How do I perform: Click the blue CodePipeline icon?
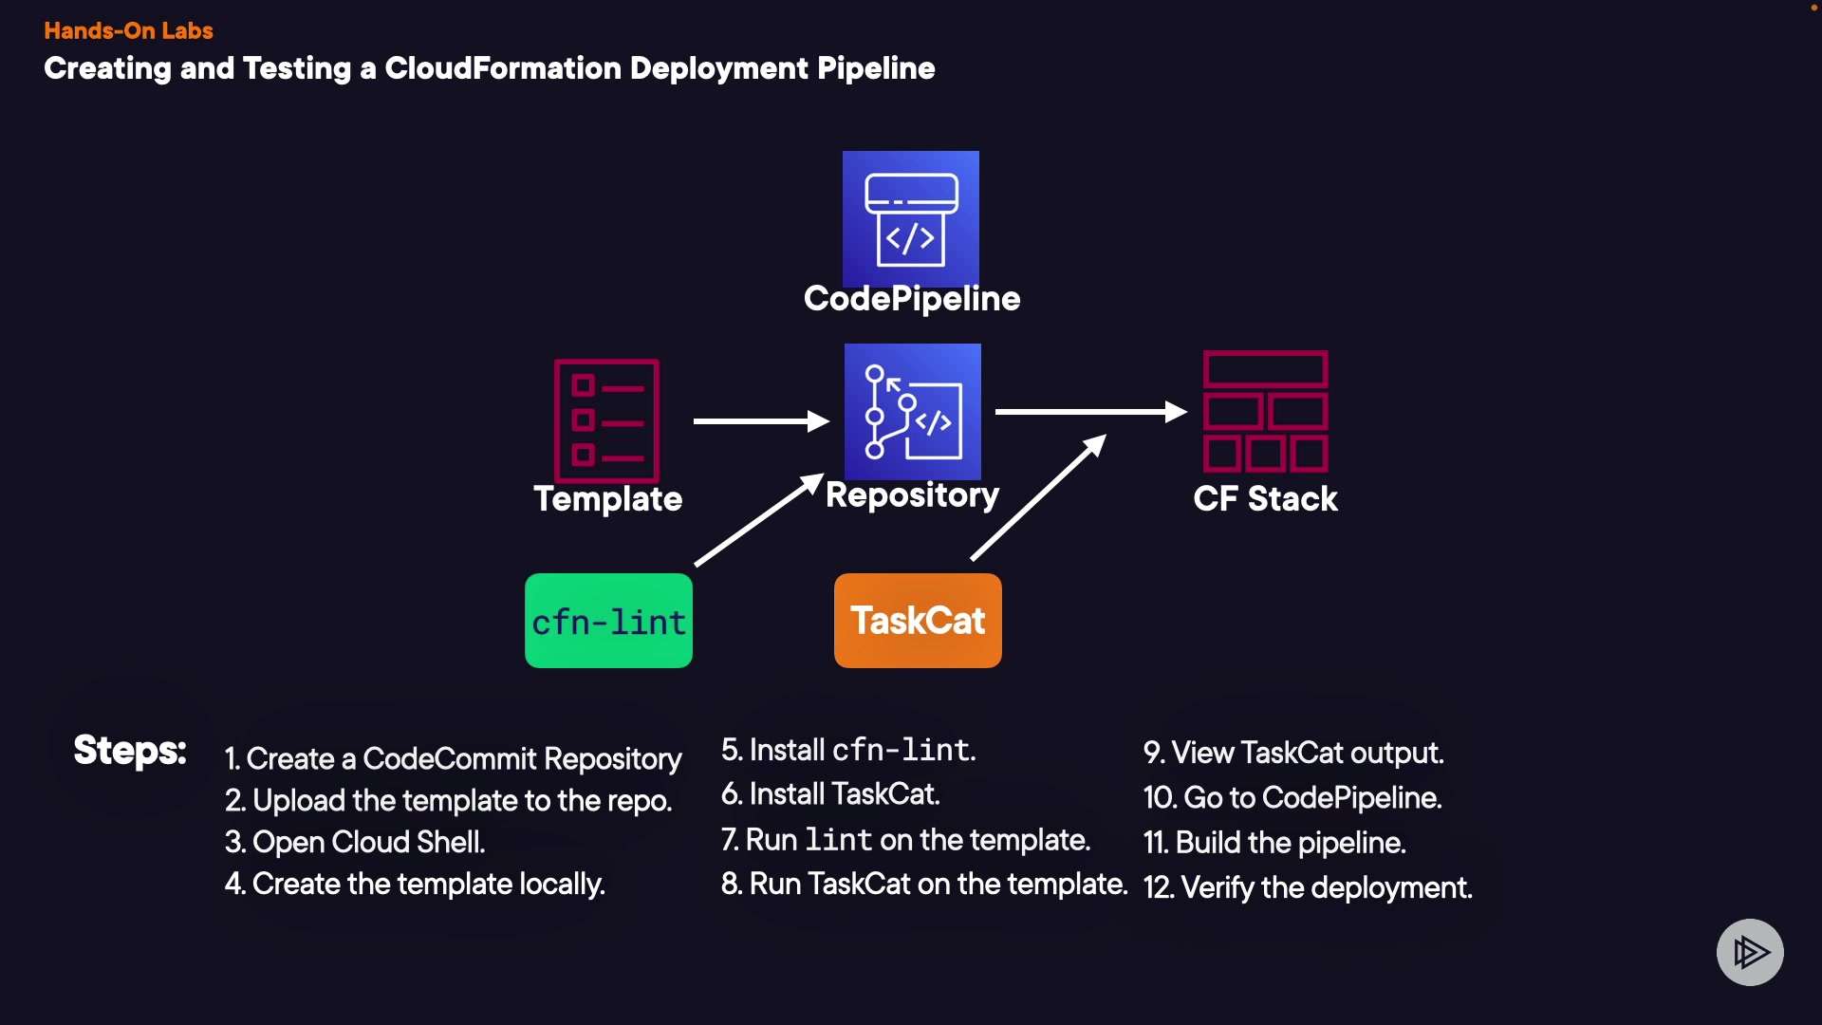point(911,218)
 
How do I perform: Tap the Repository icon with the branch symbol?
point(912,412)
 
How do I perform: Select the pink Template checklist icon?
point(607,420)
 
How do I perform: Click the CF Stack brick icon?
point(1265,411)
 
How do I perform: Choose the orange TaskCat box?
point(918,621)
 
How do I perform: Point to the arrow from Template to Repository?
point(761,420)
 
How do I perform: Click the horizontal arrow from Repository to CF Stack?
point(1090,412)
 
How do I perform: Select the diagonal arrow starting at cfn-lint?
point(758,520)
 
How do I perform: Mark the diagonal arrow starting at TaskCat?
point(1038,498)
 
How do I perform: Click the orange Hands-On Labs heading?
point(128,30)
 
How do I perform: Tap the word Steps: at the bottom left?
point(130,750)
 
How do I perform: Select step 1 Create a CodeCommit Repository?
point(454,758)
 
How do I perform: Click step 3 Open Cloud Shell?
point(355,842)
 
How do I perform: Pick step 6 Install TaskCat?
point(830,793)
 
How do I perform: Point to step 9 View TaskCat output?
point(1293,753)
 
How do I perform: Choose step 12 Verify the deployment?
point(1308,887)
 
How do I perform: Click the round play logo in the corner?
point(1750,952)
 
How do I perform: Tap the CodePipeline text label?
point(912,299)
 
